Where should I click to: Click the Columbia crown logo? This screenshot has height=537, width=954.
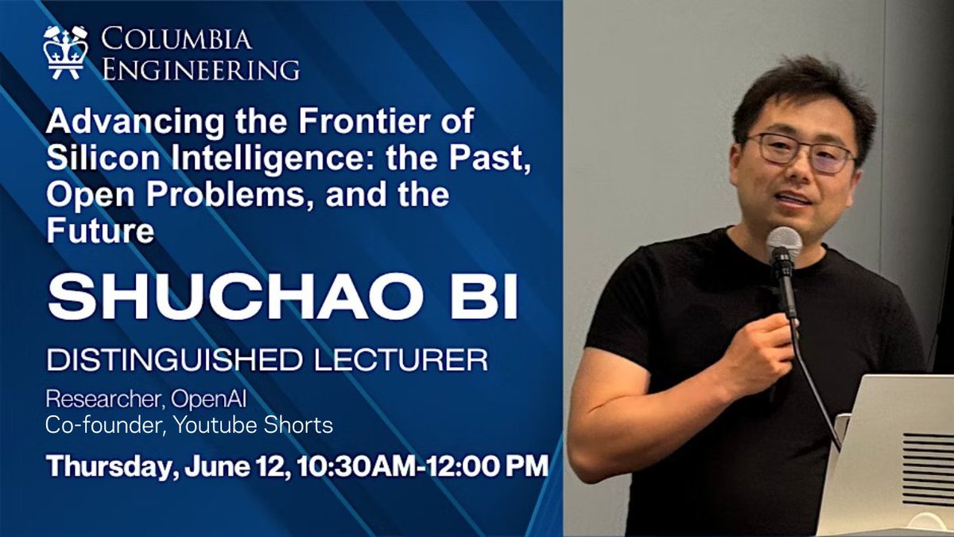pyautogui.click(x=66, y=53)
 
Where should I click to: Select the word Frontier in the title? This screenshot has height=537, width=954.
pyautogui.click(x=352, y=123)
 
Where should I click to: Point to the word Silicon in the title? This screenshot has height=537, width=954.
pyautogui.click(x=93, y=158)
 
